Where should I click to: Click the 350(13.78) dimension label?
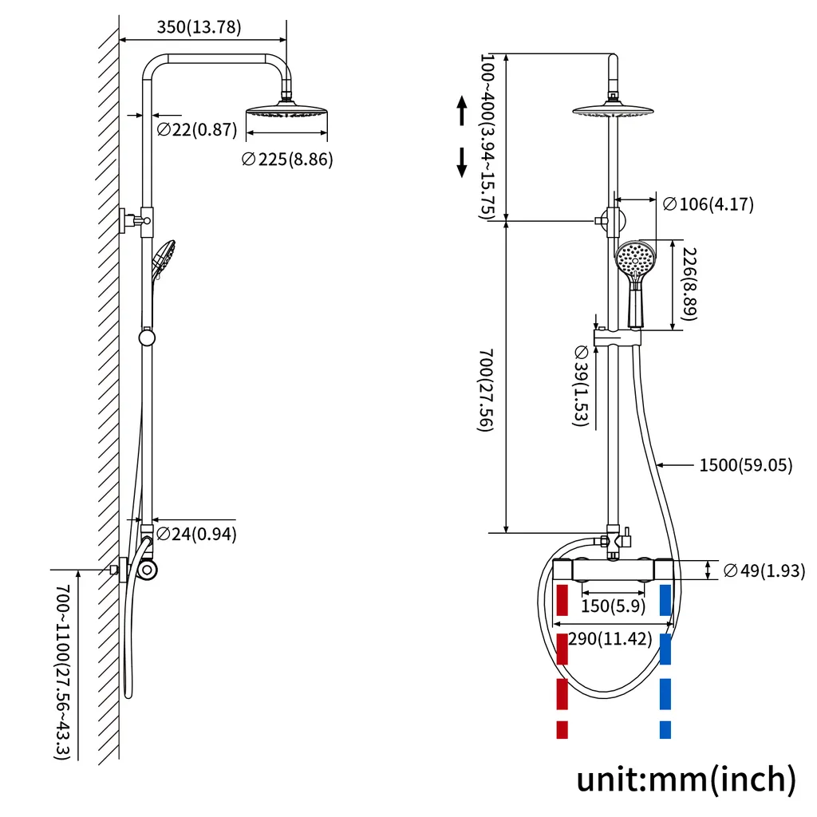point(199,26)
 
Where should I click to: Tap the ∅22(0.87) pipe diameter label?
point(197,128)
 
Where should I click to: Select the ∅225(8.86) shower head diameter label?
point(287,159)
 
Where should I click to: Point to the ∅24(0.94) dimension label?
point(196,534)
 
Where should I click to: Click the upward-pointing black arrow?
point(461,111)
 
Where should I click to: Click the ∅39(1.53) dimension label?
point(581,386)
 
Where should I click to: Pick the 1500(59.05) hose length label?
point(746,464)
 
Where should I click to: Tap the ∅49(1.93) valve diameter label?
point(764,570)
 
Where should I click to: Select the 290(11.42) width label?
point(610,639)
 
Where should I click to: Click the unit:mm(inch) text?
point(686,778)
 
